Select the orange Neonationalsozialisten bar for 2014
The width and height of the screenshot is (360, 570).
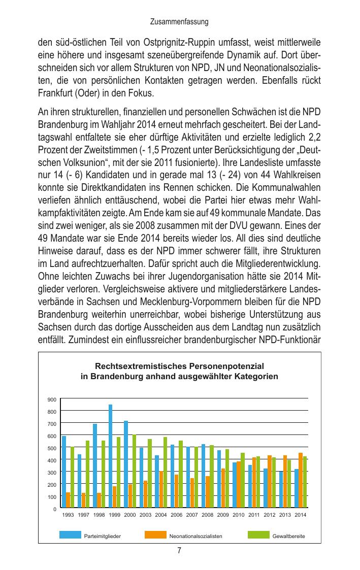coord(301,480)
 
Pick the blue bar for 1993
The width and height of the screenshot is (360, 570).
coord(64,472)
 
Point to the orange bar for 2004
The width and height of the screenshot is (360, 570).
coord(161,489)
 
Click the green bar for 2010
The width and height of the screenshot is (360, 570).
coord(243,480)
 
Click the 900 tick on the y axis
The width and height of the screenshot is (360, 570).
coord(51,399)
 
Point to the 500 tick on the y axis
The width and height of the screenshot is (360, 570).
coord(51,448)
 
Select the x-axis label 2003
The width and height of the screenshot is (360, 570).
coord(145,515)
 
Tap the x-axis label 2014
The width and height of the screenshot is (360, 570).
coord(300,515)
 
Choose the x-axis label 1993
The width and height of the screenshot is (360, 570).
coord(68,515)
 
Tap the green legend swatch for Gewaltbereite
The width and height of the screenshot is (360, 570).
coord(258,534)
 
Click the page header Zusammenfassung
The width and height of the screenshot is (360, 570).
coord(180,22)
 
